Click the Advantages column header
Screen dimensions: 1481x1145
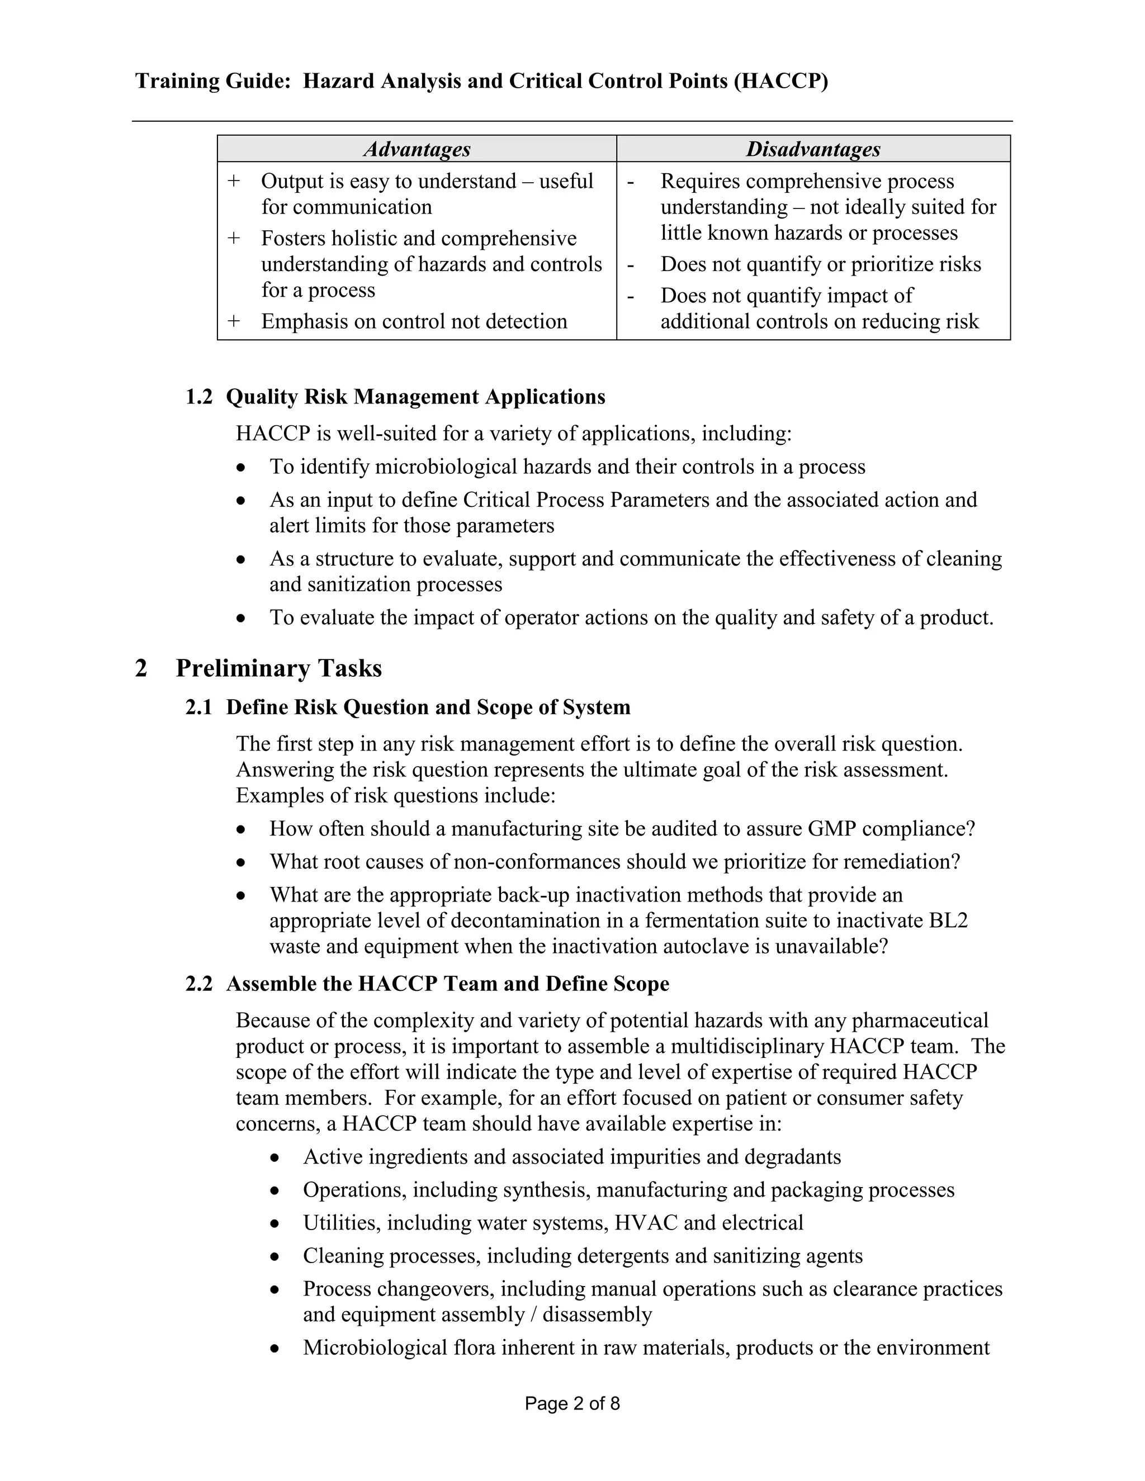tap(417, 149)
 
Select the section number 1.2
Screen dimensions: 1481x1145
tap(198, 397)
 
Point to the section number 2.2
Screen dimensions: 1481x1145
tap(198, 984)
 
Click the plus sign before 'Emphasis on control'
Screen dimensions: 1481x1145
tap(234, 321)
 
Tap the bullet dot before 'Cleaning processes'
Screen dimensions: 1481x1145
tap(274, 1256)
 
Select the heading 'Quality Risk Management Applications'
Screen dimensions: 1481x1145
tap(415, 397)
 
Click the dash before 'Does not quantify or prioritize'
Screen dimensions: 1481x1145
tap(631, 264)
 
